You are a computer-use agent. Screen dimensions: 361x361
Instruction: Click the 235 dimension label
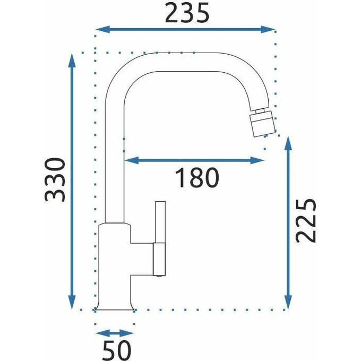[187, 13]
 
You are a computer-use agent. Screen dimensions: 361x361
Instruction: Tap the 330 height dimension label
[55, 179]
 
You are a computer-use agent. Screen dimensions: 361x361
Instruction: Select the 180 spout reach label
[197, 177]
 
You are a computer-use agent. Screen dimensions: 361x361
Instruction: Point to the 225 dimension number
[305, 221]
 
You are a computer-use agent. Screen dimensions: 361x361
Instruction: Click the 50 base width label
[116, 350]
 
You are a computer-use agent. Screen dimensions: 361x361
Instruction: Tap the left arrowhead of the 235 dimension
[102, 30]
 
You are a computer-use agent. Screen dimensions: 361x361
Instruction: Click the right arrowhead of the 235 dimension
[268, 30]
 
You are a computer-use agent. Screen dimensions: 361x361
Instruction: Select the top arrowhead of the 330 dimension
[72, 60]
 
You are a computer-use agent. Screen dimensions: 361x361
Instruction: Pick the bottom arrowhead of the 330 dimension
[72, 303]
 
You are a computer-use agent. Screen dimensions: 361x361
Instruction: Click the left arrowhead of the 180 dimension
[132, 160]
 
